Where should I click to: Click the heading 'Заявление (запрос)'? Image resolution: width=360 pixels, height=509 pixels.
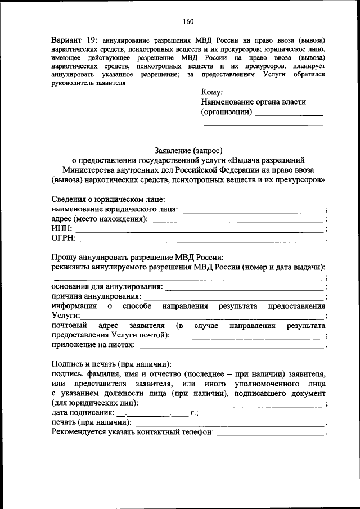pyautogui.click(x=188, y=150)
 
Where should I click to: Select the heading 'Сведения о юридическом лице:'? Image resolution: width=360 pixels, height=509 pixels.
pyautogui.click(x=108, y=200)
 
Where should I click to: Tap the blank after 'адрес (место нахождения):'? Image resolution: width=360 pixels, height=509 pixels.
pyautogui.click(x=238, y=220)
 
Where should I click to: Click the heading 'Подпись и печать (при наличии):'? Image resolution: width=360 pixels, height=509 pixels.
pyautogui.click(x=111, y=363)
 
